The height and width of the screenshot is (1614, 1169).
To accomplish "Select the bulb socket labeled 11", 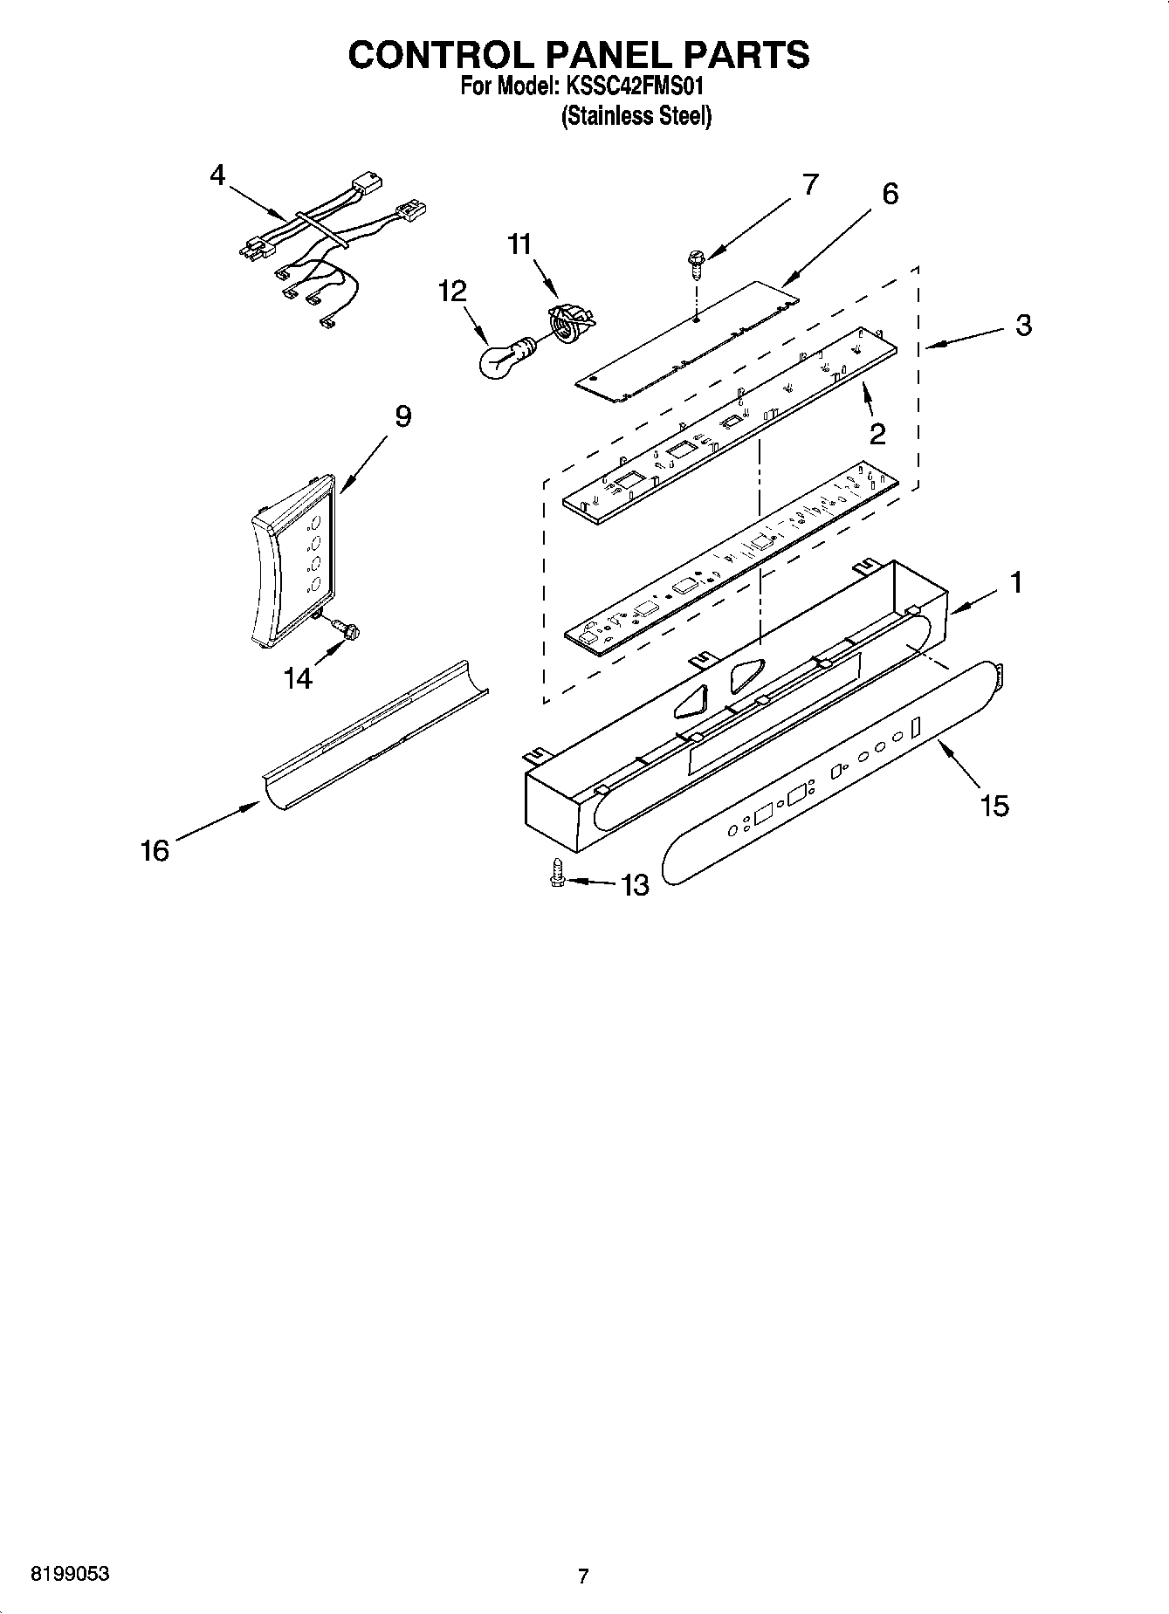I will point(568,324).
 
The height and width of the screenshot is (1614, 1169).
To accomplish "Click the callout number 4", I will point(217,175).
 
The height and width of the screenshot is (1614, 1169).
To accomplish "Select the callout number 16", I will point(155,850).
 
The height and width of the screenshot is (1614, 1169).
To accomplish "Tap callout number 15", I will point(994,806).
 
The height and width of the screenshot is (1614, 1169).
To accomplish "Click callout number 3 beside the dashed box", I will point(1023,325).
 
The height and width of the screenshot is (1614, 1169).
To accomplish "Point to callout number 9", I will point(402,417).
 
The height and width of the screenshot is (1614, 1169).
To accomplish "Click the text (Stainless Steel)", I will point(636,116).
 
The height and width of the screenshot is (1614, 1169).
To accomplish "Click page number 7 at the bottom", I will point(583,1576).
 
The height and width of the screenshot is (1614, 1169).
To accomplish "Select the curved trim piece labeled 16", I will point(375,733).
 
